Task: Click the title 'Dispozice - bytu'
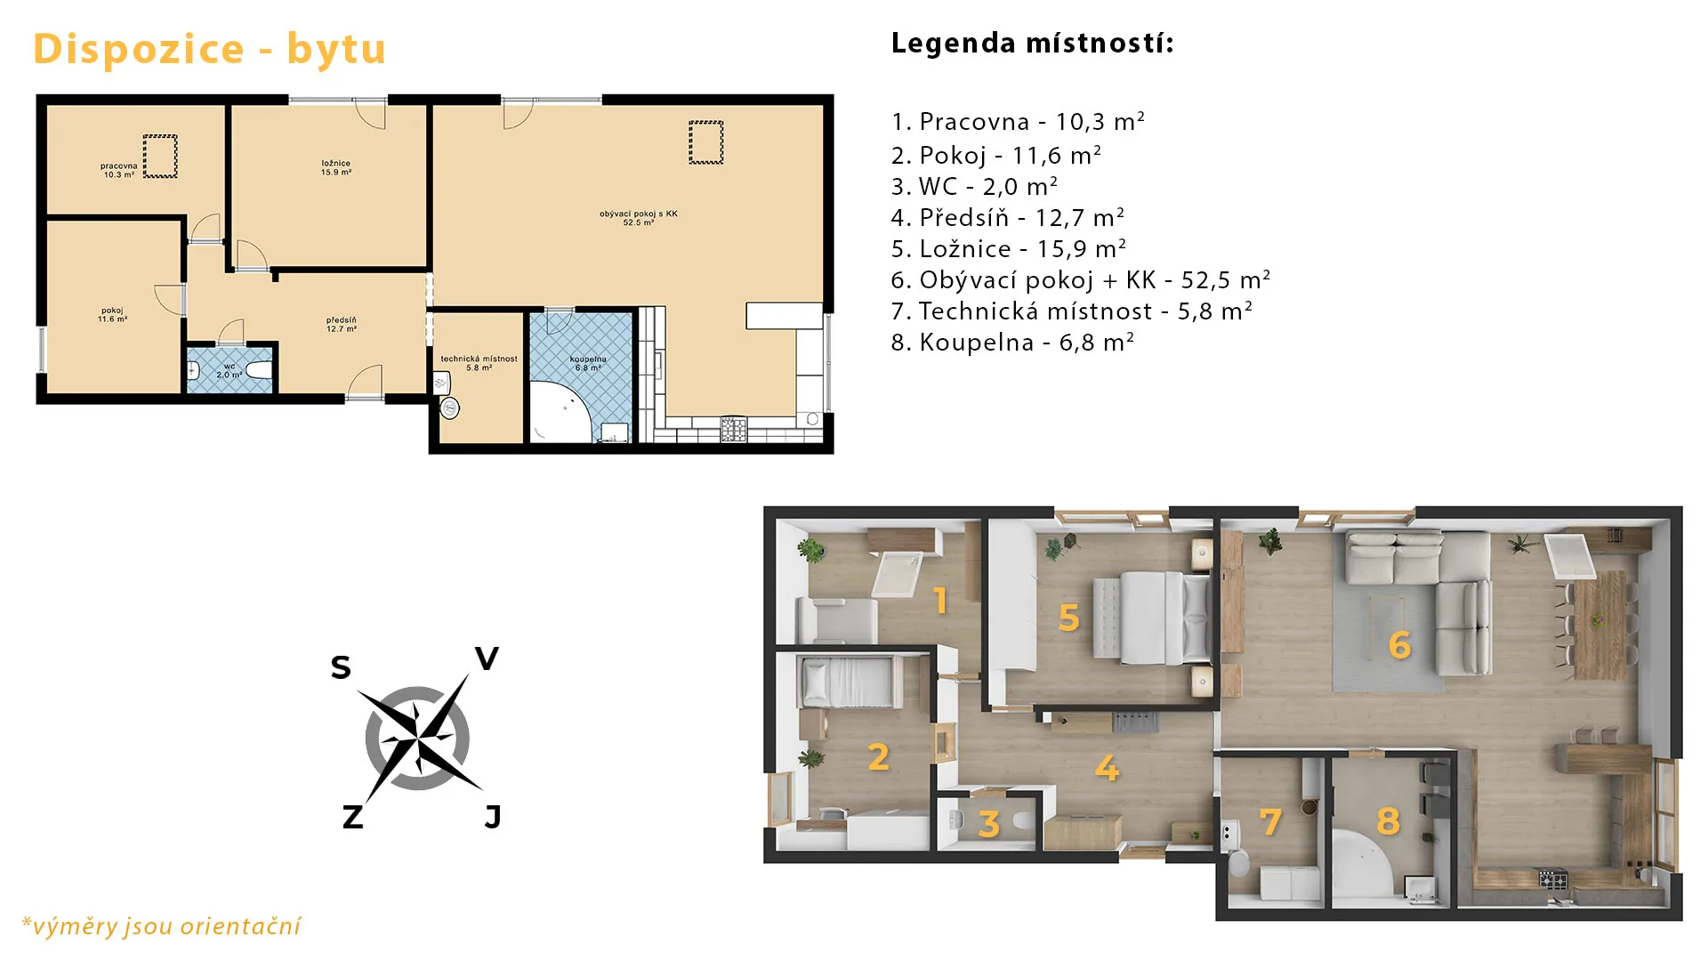tap(209, 49)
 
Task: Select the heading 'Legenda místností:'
tap(1033, 43)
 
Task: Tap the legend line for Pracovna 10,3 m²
tap(1018, 121)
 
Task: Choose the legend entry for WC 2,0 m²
tap(974, 187)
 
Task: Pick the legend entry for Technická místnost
tap(1072, 311)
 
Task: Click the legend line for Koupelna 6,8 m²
tap(1012, 343)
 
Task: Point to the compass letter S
tap(341, 667)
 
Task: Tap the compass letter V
tap(487, 659)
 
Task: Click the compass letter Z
tap(352, 817)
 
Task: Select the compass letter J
tap(493, 817)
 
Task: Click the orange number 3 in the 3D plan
tap(988, 824)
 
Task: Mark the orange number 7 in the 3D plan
tap(1271, 821)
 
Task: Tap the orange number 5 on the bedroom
tap(1068, 618)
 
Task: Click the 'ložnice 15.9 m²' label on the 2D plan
tap(336, 167)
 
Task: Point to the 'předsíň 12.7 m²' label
tap(342, 324)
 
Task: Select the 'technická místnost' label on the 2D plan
tap(479, 359)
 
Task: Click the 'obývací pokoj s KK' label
tap(639, 214)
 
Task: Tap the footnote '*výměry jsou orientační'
tap(161, 926)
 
